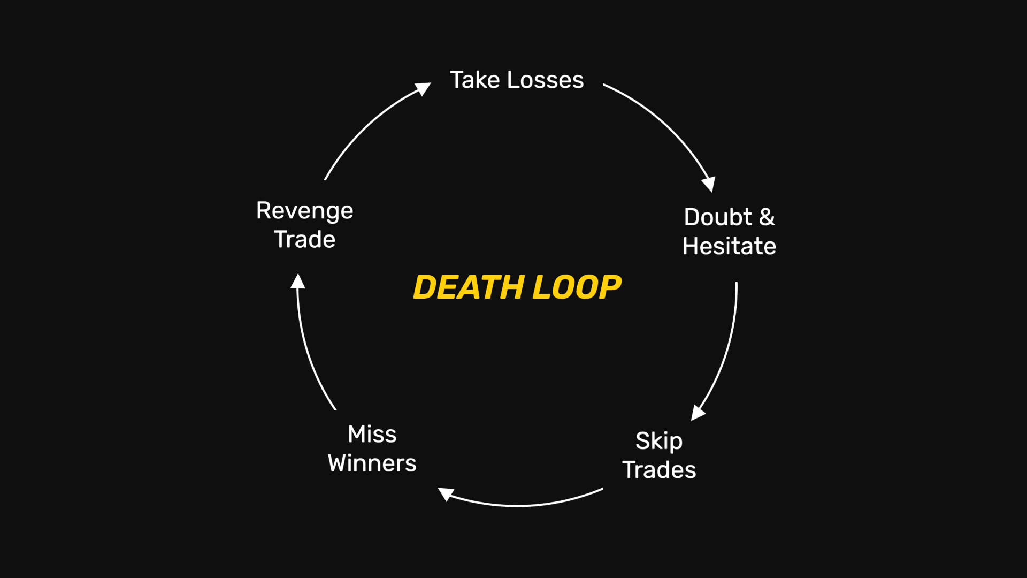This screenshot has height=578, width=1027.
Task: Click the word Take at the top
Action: click(474, 80)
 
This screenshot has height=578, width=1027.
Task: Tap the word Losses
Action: click(545, 80)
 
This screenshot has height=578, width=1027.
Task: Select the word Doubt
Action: click(718, 217)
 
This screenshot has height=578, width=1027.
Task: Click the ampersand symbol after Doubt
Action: click(767, 217)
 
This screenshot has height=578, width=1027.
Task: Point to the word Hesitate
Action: click(729, 246)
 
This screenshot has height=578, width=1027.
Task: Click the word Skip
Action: click(658, 442)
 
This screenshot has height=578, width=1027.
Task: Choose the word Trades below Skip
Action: click(659, 470)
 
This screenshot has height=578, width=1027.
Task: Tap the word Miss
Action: click(372, 434)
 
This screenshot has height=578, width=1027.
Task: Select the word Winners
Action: click(372, 463)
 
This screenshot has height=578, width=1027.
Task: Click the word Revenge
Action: click(304, 211)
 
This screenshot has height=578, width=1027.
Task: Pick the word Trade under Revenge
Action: click(304, 239)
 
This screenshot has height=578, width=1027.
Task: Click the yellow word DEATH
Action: click(468, 287)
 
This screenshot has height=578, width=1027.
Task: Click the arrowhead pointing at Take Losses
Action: click(424, 88)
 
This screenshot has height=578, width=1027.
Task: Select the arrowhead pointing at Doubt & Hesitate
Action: click(709, 184)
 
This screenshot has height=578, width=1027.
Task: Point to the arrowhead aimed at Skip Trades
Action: click(698, 413)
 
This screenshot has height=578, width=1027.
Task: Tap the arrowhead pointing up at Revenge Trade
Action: click(298, 282)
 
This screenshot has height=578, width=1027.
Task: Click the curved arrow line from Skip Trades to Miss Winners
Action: click(524, 505)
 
